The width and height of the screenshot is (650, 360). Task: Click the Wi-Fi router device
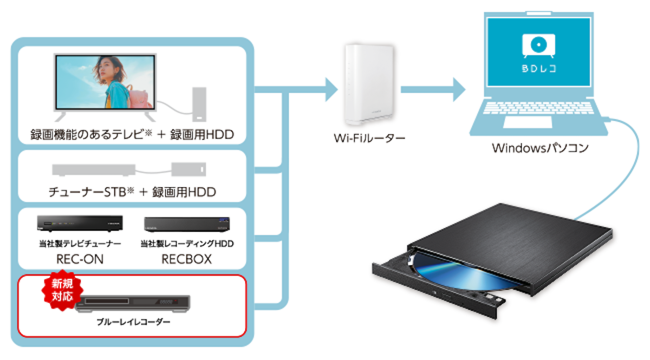pos(369,84)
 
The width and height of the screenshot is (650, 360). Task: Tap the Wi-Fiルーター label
pos(369,138)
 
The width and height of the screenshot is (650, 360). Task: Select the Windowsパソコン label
pos(540,148)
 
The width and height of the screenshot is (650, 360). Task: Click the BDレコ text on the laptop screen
pos(539,68)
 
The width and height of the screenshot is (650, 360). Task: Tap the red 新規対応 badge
pos(62,290)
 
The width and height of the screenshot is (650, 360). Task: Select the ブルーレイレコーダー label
pos(133,322)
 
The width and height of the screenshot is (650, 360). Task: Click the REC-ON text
pos(80,259)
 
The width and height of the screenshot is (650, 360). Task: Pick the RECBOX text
pos(186,259)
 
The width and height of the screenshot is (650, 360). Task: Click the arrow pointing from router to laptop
pos(433,90)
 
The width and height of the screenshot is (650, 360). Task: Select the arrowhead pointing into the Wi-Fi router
pos(331,90)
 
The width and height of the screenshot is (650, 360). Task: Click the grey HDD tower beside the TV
pos(199,104)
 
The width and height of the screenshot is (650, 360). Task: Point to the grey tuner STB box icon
pos(93,170)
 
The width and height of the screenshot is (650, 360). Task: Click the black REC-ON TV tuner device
pos(80,224)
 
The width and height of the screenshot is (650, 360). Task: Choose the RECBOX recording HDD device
pos(187,224)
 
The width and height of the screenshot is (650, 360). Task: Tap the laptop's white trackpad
pos(528,122)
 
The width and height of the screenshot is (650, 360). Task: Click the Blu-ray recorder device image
pos(133,304)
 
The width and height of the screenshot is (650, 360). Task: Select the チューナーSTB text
pos(87,192)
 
